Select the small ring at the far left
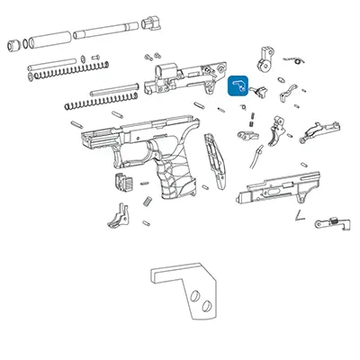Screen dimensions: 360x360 click(13, 43)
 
